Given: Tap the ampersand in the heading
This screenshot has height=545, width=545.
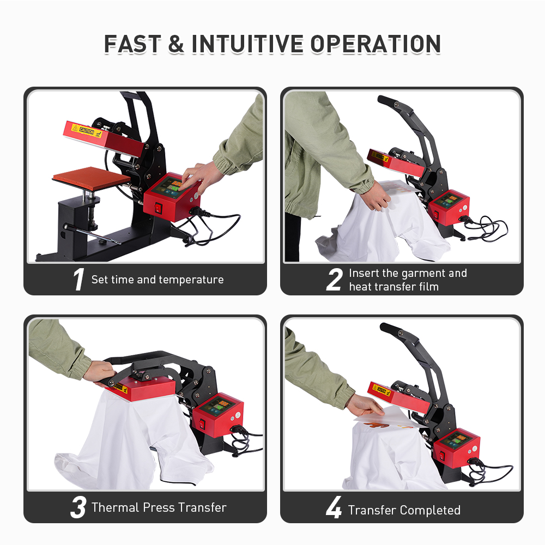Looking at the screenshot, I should click(176, 44).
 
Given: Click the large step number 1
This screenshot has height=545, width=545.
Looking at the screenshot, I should click(78, 280).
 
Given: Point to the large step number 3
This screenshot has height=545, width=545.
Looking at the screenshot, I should click(78, 507).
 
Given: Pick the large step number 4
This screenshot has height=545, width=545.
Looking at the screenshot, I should click(334, 509).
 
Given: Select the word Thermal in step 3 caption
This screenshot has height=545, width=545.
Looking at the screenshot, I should click(116, 507).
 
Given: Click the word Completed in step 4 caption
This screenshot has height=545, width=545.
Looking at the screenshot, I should click(430, 510).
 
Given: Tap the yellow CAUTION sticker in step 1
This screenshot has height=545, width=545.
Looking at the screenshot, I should click(87, 130).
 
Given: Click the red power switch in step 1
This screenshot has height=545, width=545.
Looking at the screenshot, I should click(159, 208).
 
